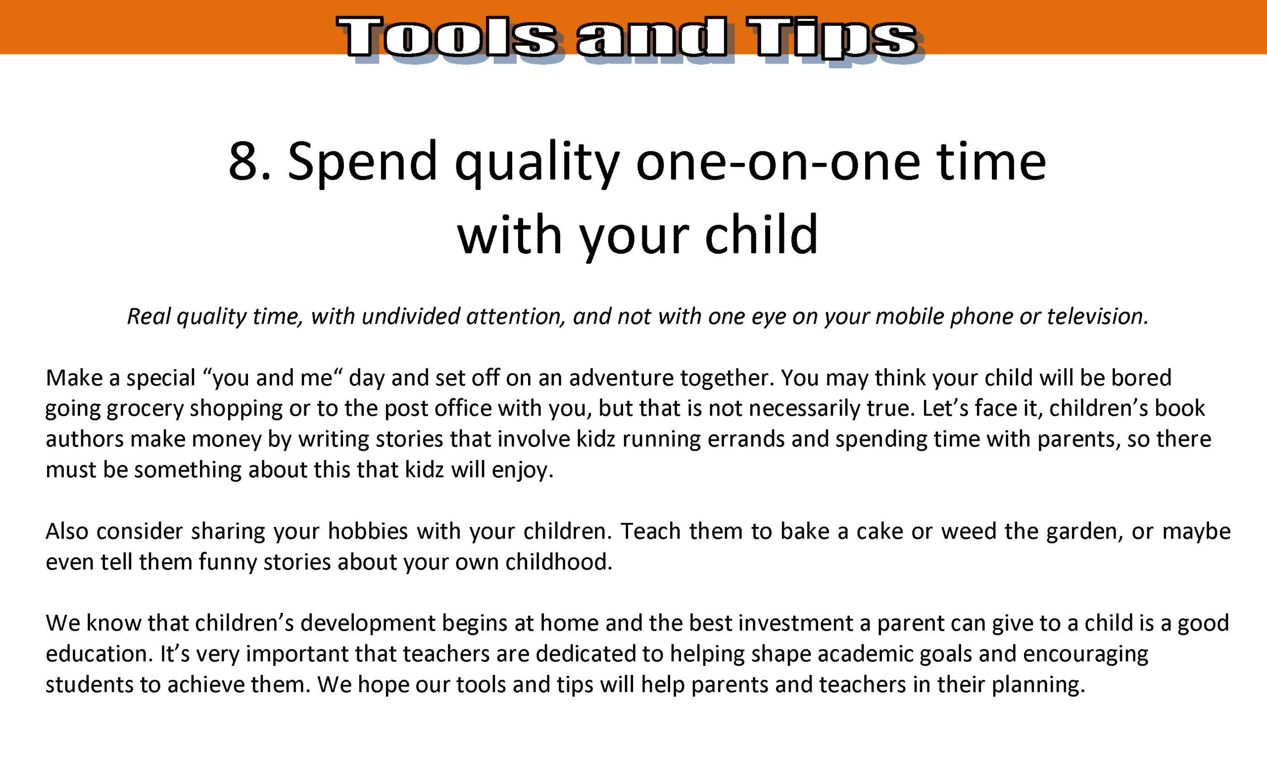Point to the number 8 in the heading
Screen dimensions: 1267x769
click(x=242, y=162)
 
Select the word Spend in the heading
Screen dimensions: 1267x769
click(x=362, y=163)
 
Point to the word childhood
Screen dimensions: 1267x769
click(x=559, y=562)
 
